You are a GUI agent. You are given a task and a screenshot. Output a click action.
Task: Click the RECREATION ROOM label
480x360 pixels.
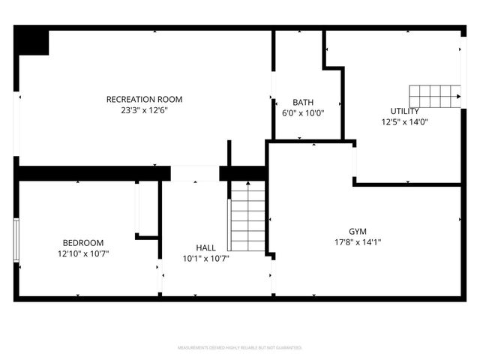coord(144,99)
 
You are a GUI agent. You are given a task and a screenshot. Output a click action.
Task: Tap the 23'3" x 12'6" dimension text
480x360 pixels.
coord(144,109)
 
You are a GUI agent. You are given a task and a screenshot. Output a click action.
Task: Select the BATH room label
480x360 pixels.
coord(303,103)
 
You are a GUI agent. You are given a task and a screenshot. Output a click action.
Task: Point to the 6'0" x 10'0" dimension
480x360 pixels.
coord(303,113)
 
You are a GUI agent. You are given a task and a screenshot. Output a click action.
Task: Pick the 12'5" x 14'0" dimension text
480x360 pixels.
coord(404,121)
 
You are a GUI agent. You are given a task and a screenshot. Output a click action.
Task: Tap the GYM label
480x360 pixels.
coord(358,231)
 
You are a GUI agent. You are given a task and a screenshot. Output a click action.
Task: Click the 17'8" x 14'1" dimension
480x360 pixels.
coord(358,241)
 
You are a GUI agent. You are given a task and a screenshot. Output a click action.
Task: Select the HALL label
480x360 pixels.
coord(205,247)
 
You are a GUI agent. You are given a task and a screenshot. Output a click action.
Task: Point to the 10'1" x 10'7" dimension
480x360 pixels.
coord(205,258)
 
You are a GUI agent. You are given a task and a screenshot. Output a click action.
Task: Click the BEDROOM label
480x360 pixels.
coord(82,242)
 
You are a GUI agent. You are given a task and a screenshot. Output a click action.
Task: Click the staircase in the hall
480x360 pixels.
coord(247,217)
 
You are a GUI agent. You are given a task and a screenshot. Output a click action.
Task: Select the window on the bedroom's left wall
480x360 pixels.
coord(16,240)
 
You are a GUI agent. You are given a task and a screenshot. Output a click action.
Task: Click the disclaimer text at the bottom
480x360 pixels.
coord(239,348)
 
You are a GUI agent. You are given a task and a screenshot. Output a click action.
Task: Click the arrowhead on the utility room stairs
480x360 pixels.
coord(457,96)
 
